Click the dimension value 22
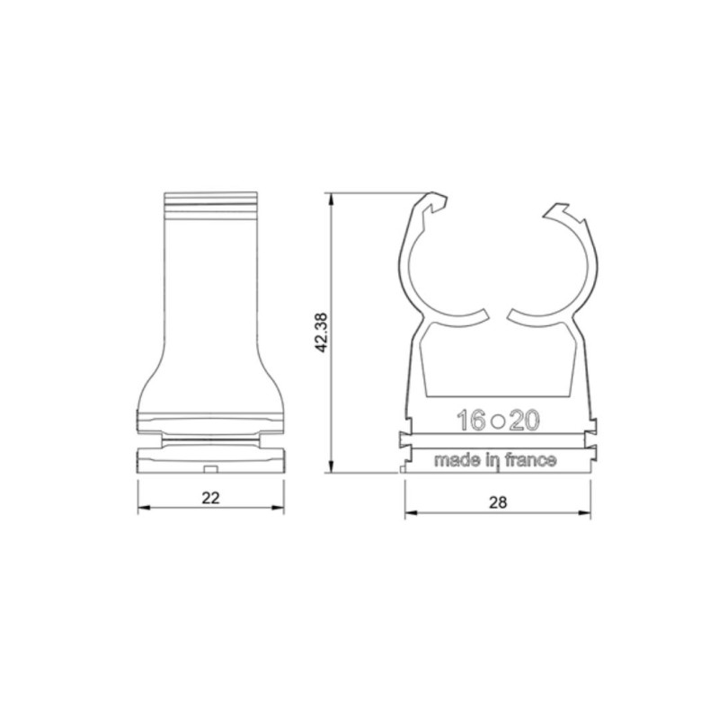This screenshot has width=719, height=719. pos(211,499)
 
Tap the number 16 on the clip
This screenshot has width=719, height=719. pos(470,419)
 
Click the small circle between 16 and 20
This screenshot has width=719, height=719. pos(497,420)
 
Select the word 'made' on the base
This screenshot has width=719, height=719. pos(455,460)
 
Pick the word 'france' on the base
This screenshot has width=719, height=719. pos(532,460)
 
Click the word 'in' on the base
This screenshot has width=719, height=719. pos(490,460)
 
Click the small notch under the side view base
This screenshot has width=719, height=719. pos(210,468)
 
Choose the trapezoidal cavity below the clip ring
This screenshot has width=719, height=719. pos(497,359)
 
